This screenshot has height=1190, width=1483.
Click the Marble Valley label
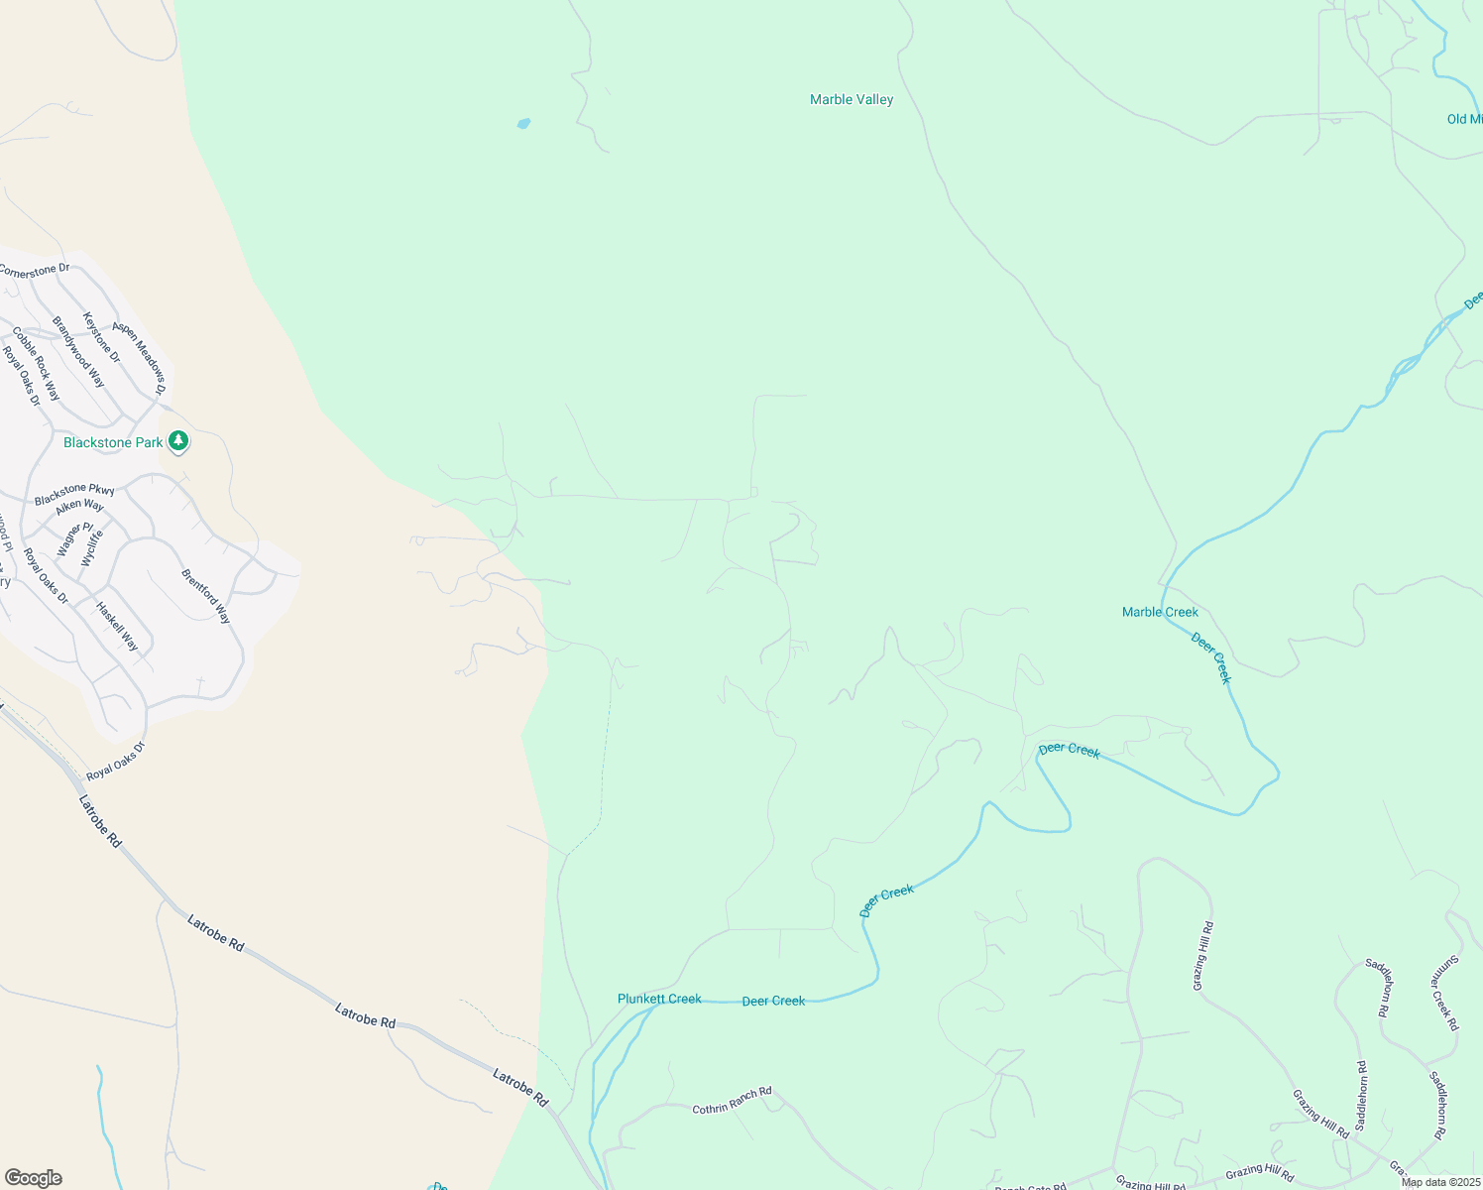852,100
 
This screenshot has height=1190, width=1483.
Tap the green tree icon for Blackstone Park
178,440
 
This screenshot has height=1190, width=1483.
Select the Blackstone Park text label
113,442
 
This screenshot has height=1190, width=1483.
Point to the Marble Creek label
1160,612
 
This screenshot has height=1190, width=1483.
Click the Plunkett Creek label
659,999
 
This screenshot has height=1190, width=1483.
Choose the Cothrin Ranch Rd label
732,1101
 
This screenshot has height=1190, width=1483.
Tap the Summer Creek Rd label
1445,992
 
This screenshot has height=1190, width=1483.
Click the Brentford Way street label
206,596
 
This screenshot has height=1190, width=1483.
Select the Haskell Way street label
117,626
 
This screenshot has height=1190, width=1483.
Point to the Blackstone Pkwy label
74,493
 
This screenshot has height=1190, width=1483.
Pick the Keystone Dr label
101,337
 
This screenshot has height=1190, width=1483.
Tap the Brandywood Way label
78,352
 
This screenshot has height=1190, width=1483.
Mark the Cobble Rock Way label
37,364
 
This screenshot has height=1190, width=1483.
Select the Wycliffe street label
91,547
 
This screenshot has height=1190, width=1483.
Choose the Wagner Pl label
75,539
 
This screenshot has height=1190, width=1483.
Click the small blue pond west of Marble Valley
523,124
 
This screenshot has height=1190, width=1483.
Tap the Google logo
33,1178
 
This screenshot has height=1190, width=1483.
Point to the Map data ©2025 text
1440,1182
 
